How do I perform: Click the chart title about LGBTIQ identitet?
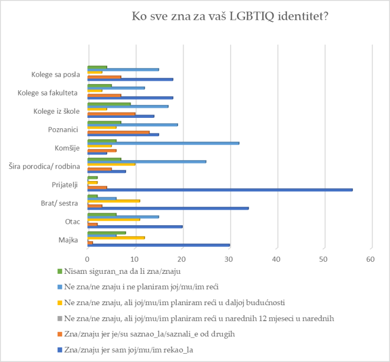point(230,16)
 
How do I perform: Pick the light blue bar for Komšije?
point(163,143)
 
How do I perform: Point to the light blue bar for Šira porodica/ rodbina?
point(146,161)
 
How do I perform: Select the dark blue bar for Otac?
point(135,226)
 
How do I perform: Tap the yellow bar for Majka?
point(116,238)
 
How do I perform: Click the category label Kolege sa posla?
point(55,74)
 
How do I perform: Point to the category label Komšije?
point(67,148)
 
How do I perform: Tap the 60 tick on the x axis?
point(370,259)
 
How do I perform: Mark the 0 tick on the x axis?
point(87,259)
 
